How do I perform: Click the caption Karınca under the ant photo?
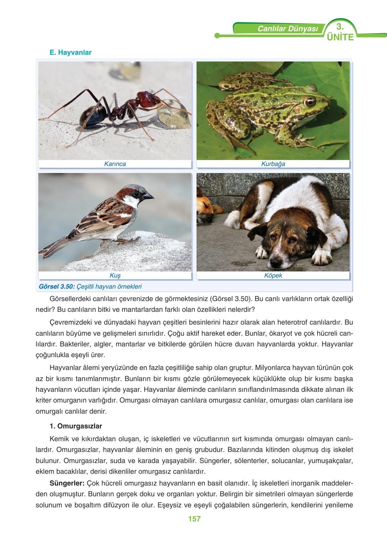115,164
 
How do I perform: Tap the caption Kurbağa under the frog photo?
273,164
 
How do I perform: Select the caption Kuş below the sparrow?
115,276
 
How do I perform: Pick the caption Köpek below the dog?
273,276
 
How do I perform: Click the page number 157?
194,519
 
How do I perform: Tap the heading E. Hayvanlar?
70,52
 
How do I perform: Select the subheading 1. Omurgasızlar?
76,426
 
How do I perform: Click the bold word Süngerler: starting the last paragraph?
67,483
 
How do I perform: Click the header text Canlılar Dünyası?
287,29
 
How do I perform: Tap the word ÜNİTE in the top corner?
340,37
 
